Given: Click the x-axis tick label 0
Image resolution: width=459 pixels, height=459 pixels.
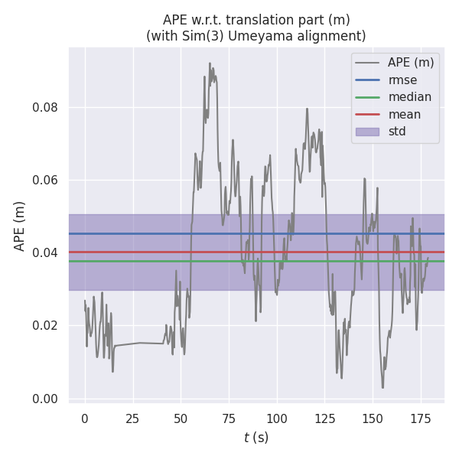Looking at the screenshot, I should pyautogui.click(x=85, y=419).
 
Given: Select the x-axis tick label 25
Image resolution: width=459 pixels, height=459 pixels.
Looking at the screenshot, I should pyautogui.click(x=133, y=419).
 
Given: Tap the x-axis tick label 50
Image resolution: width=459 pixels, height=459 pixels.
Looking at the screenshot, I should pyautogui.click(x=181, y=419).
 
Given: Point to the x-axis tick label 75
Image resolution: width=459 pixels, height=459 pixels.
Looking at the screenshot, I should pyautogui.click(x=229, y=419).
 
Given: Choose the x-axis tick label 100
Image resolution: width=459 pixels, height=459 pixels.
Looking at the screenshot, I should pyautogui.click(x=277, y=419).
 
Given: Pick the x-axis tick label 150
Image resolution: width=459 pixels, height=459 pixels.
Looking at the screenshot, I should pyautogui.click(x=373, y=419).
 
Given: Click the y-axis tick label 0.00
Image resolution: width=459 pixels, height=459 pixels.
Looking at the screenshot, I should pyautogui.click(x=45, y=399).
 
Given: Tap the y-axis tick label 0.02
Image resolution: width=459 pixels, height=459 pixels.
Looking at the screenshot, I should pyautogui.click(x=45, y=326).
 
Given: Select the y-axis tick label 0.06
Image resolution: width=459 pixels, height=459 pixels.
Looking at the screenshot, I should pyautogui.click(x=45, y=181).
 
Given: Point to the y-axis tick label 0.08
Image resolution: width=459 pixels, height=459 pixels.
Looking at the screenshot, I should pyautogui.click(x=45, y=108).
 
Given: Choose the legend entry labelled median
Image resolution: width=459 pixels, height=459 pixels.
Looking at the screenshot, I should pyautogui.click(x=409, y=97).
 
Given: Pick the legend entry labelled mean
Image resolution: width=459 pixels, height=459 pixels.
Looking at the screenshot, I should pyautogui.click(x=404, y=115).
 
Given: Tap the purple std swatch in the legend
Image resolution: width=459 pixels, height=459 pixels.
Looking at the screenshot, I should pyautogui.click(x=367, y=132).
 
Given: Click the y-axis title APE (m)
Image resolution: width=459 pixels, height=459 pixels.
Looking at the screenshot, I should pyautogui.click(x=21, y=226).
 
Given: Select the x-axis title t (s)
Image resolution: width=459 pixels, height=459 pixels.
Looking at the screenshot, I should pyautogui.click(x=256, y=438).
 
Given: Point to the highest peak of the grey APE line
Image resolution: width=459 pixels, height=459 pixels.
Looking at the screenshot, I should pyautogui.click(x=210, y=63).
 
